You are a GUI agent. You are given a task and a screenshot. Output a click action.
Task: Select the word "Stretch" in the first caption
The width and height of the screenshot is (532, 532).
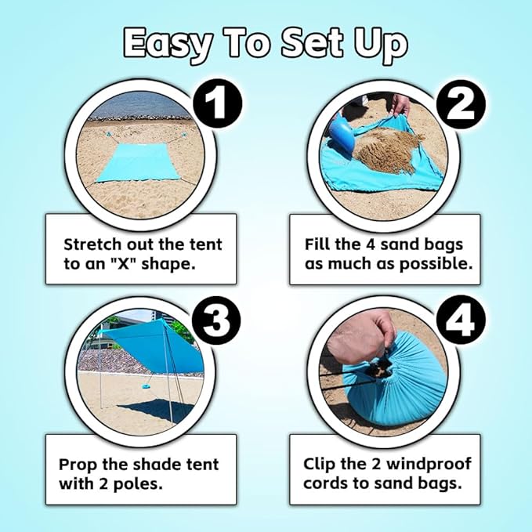click(95, 244)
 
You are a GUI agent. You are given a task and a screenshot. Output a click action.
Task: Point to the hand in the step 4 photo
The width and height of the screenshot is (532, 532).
click(360, 332)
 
